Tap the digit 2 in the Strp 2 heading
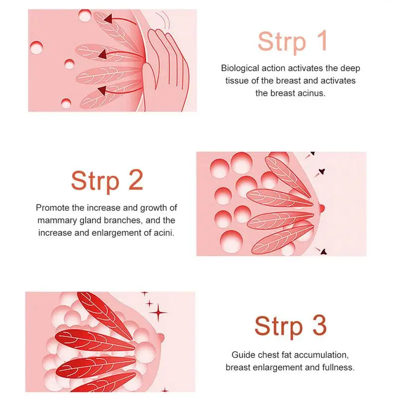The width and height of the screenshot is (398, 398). tap(135, 180)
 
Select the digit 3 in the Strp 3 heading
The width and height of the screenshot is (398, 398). tap(319, 325)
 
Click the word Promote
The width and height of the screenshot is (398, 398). tap(53, 207)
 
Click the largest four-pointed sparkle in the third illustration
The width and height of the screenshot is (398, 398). tap(159, 312)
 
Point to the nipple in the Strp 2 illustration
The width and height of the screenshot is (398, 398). tap(321, 208)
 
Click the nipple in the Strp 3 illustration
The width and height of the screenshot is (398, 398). tap(161, 338)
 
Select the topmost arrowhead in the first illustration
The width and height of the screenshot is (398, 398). tap(108, 18)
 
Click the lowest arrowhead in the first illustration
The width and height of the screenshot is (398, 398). tap(102, 91)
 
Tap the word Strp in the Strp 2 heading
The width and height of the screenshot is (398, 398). tap(95, 182)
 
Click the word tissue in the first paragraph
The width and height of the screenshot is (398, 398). tap(237, 81)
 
